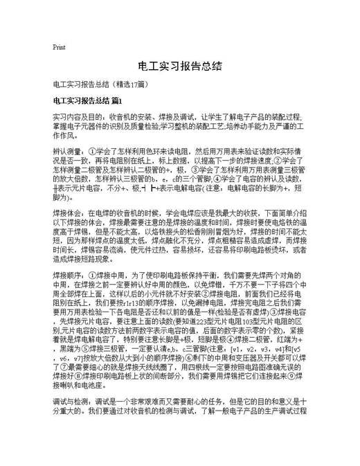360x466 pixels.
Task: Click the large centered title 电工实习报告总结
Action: [179, 66]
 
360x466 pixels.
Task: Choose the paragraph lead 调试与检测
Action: [72, 421]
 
